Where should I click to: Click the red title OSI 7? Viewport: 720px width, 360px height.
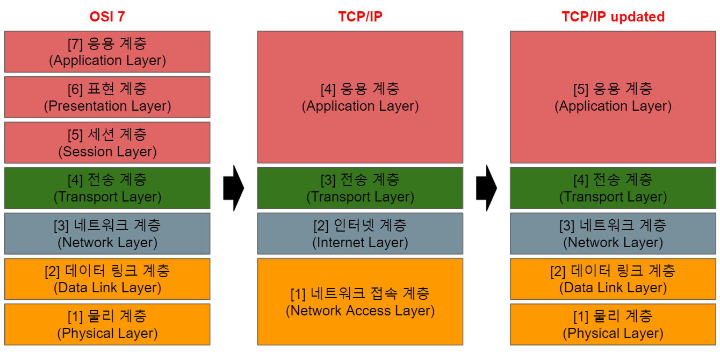click(107, 17)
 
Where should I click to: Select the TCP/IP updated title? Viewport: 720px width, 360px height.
click(613, 17)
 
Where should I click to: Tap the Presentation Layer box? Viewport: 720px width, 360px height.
click(107, 97)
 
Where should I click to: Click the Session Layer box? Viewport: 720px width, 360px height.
click(107, 142)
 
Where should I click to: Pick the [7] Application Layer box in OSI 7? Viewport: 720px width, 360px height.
click(107, 52)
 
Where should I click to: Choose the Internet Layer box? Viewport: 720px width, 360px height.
click(360, 233)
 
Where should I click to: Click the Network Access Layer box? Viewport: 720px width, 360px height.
click(360, 301)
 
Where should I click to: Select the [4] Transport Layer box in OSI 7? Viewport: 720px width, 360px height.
click(107, 188)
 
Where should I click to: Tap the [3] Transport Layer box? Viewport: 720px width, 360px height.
click(360, 188)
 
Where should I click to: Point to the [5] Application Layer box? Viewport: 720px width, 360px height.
click(613, 97)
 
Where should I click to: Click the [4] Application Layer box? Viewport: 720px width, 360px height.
click(360, 97)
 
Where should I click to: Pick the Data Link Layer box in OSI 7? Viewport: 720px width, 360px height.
click(107, 279)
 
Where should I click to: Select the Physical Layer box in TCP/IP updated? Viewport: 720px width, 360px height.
click(613, 325)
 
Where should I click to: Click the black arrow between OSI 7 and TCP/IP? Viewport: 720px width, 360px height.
click(234, 188)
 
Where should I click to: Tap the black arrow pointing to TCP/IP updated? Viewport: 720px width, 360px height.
click(487, 188)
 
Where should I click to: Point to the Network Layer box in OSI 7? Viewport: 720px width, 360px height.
click(107, 233)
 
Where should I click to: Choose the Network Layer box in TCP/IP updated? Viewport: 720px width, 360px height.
click(613, 233)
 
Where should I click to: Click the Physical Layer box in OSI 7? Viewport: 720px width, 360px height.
click(107, 325)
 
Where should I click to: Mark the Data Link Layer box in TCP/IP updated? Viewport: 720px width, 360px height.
click(613, 279)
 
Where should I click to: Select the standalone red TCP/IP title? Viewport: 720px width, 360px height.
click(360, 17)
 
